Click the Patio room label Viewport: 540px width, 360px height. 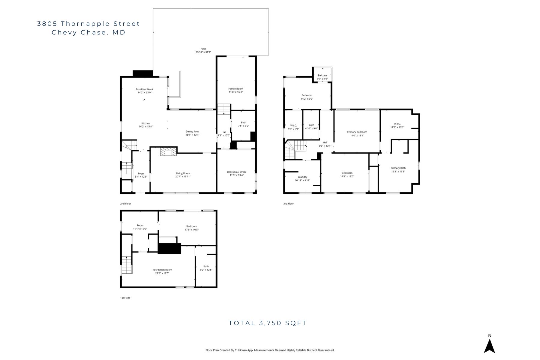[203, 49]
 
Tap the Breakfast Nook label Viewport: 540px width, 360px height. [144, 89]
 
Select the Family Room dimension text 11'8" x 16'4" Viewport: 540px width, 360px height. [235, 92]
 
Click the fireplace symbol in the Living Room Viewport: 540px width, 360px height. [168, 152]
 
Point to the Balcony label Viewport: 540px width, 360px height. [322, 76]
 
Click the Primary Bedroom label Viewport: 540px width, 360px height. [357, 132]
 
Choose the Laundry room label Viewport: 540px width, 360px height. [302, 177]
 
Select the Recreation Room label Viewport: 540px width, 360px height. [162, 270]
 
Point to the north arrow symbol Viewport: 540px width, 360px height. [489, 346]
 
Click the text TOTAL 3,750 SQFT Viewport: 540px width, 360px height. [268, 323]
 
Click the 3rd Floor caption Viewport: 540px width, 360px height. [288, 204]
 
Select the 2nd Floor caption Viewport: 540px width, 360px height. [125, 204]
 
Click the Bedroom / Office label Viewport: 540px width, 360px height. [236, 172]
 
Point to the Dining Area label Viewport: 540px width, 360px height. [192, 131]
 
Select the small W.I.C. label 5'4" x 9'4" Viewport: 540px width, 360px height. [293, 126]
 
